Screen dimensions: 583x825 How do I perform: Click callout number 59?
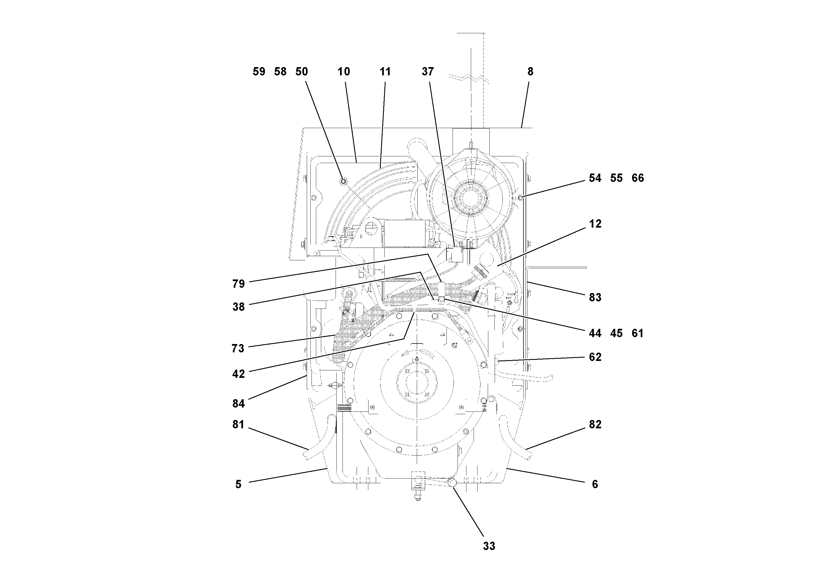[x=259, y=72]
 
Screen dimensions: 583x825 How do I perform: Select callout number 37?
[x=428, y=72]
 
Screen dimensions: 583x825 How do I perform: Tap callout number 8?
[x=530, y=72]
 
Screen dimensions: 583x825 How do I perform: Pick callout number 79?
[x=239, y=284]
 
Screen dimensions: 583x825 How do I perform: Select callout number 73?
[x=238, y=348]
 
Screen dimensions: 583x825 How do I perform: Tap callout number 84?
[x=239, y=404]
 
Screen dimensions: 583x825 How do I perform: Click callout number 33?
[x=489, y=546]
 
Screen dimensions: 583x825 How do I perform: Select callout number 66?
[x=638, y=178]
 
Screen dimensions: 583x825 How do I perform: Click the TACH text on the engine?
[x=511, y=294]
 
